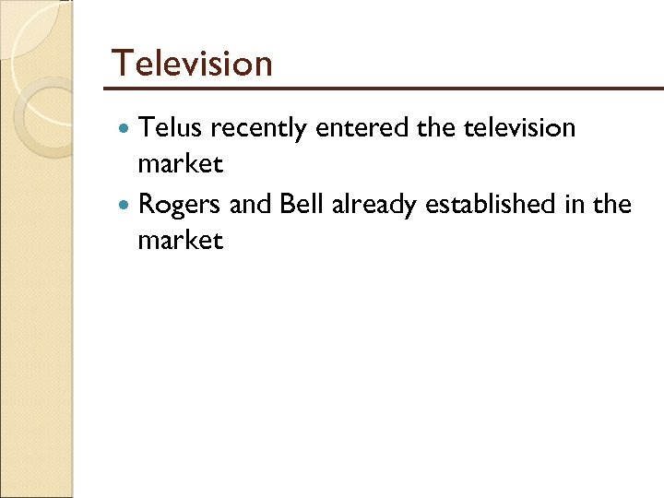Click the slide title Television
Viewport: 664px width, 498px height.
[x=192, y=64]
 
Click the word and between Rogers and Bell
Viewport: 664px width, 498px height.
[x=247, y=204]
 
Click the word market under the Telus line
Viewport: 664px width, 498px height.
[x=180, y=166]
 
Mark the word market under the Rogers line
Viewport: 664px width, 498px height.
[x=180, y=243]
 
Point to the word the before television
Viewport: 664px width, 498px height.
[x=435, y=128]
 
